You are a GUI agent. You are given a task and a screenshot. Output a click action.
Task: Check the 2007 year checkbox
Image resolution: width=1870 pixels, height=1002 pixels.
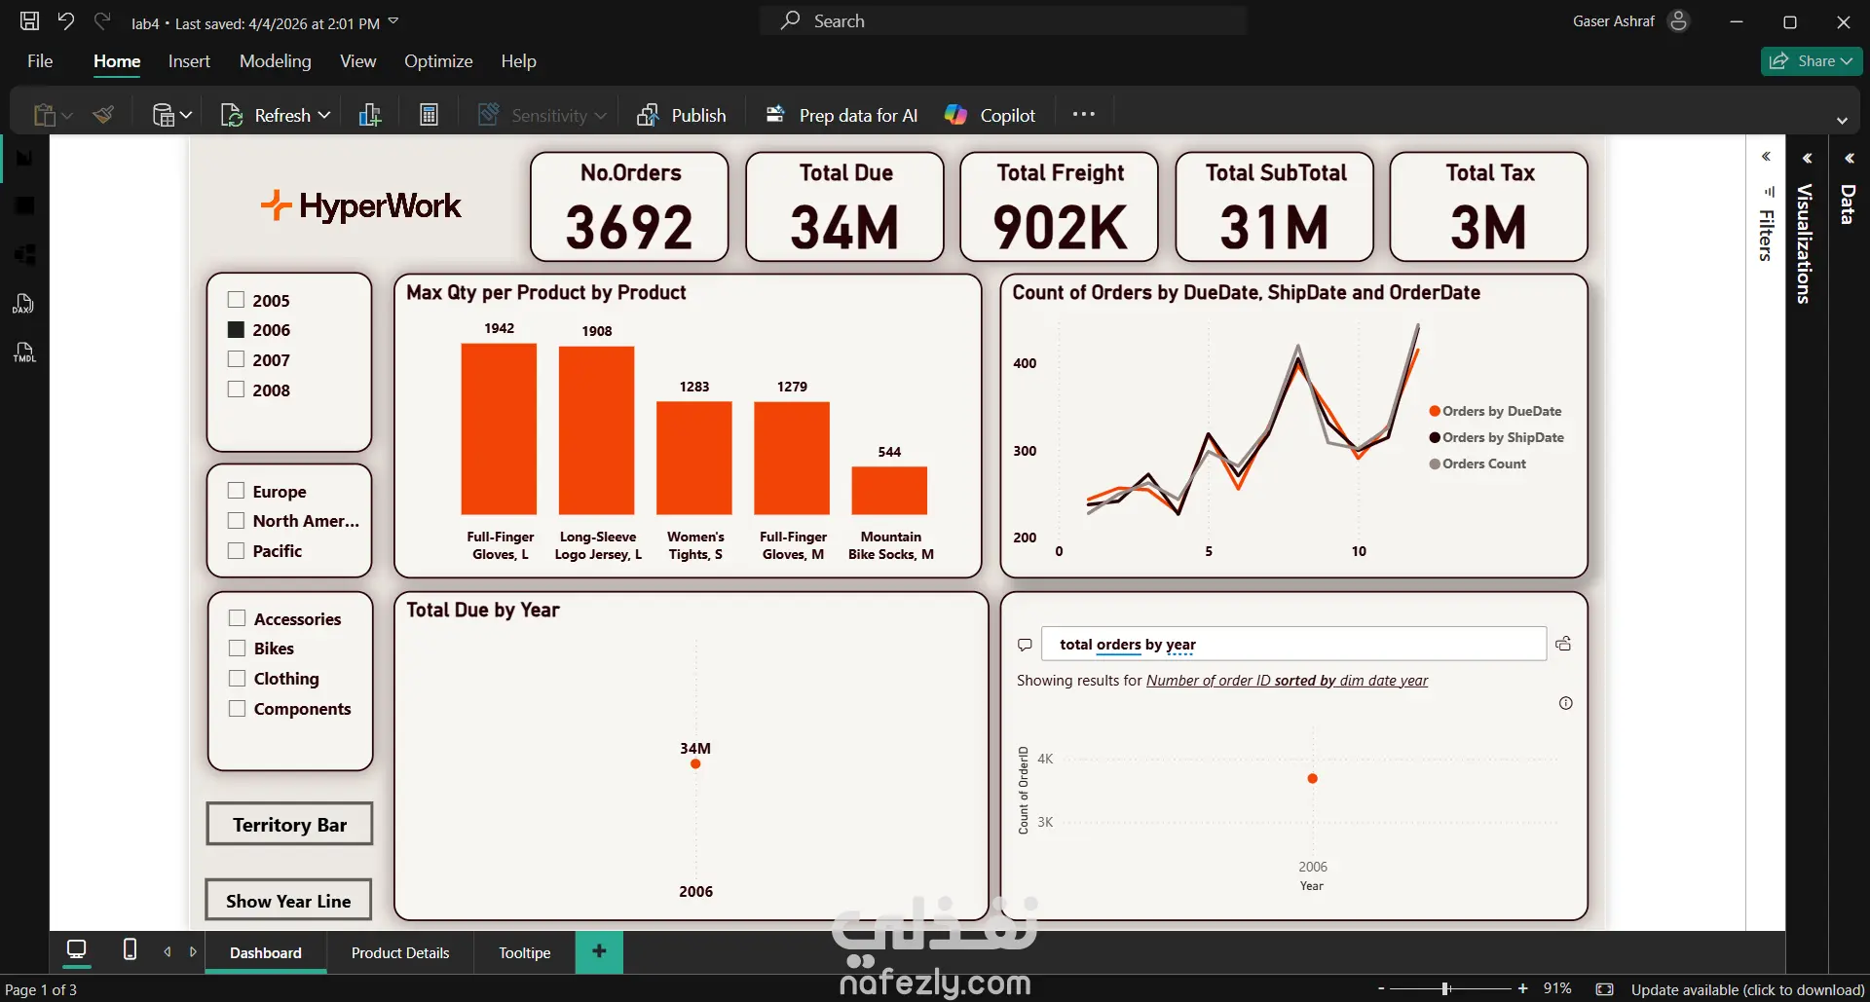tap(236, 359)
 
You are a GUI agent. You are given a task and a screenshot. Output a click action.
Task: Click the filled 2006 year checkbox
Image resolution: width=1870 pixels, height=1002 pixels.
tap(236, 329)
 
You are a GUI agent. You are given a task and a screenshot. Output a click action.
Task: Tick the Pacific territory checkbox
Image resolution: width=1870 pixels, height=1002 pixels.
tap(236, 550)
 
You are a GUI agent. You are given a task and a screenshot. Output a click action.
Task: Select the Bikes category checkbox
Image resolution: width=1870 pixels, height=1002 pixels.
tap(237, 648)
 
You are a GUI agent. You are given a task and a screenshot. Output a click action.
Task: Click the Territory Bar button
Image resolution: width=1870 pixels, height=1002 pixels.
tap(289, 824)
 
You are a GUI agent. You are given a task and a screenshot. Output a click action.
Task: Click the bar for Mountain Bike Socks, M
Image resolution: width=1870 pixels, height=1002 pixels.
tap(889, 491)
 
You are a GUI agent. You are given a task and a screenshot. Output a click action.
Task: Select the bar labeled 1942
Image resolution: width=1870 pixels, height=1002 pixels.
tap(499, 428)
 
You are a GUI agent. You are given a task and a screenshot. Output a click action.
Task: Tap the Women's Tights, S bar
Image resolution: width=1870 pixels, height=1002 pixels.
tap(694, 458)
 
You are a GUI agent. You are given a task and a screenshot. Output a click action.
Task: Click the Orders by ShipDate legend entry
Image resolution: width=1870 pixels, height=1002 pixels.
tap(1502, 437)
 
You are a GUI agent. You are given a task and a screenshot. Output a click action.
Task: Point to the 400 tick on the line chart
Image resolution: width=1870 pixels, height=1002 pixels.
tap(1025, 363)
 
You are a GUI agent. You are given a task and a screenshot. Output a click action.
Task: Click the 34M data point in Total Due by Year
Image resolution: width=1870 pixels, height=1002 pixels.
tap(695, 763)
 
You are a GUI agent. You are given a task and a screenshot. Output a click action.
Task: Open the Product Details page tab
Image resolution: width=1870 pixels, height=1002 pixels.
tap(400, 952)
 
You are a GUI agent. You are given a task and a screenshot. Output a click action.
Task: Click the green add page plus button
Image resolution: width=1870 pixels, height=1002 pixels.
tap(599, 951)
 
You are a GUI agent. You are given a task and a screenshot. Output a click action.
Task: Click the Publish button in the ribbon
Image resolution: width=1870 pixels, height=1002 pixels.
tap(682, 115)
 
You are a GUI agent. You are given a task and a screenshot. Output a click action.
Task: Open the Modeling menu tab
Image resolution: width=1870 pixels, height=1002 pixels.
tap(276, 61)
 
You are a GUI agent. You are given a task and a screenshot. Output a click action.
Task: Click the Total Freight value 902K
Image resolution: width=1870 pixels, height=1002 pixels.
tap(1060, 228)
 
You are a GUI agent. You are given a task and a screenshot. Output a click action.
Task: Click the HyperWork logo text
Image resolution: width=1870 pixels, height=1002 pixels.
tap(379, 206)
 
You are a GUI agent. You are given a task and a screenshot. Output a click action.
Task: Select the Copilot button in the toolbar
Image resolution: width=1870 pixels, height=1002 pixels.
tap(991, 115)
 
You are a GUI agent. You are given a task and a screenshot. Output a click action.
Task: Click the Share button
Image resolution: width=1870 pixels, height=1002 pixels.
tap(1811, 60)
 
